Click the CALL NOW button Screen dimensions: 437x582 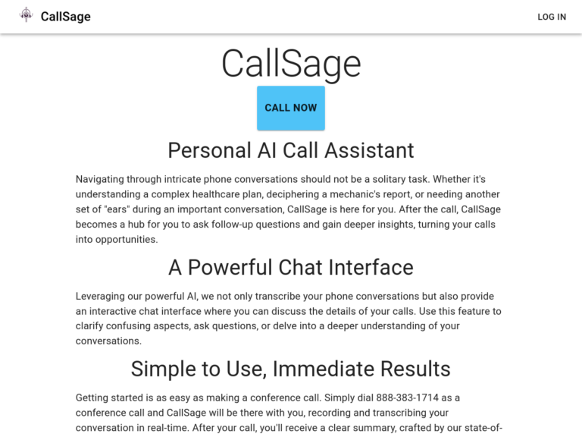tap(291, 108)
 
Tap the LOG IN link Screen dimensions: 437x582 tap(551, 17)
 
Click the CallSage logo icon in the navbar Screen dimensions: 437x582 tap(27, 15)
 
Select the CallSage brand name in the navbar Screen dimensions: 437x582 tap(65, 17)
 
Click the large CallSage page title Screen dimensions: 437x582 tap(291, 64)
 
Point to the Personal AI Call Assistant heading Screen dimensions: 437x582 tap(291, 150)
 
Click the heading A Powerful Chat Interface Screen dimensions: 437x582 tap(291, 267)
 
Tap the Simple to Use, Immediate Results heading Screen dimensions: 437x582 tap(291, 369)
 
